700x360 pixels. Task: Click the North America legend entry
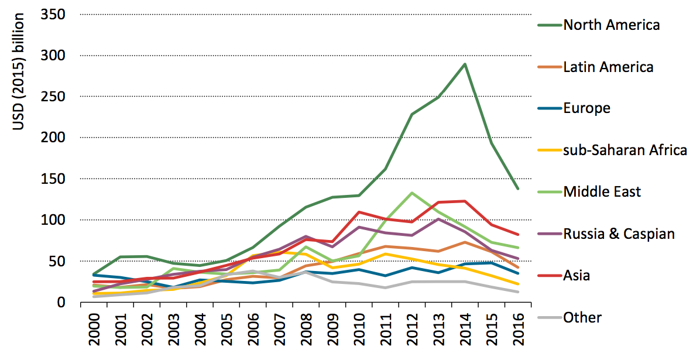click(x=611, y=25)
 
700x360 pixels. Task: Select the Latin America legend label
click(x=608, y=67)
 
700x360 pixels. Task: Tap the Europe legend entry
click(x=586, y=108)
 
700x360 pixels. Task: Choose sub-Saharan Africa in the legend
click(x=624, y=150)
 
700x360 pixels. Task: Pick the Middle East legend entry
click(x=602, y=191)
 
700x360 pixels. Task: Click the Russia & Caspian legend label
click(x=619, y=234)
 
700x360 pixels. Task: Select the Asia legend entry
click(x=577, y=276)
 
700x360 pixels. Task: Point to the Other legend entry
click(x=582, y=318)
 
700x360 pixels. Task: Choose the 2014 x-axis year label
click(x=465, y=330)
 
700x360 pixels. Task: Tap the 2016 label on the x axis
click(x=519, y=330)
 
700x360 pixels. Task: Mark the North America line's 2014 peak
click(x=465, y=64)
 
